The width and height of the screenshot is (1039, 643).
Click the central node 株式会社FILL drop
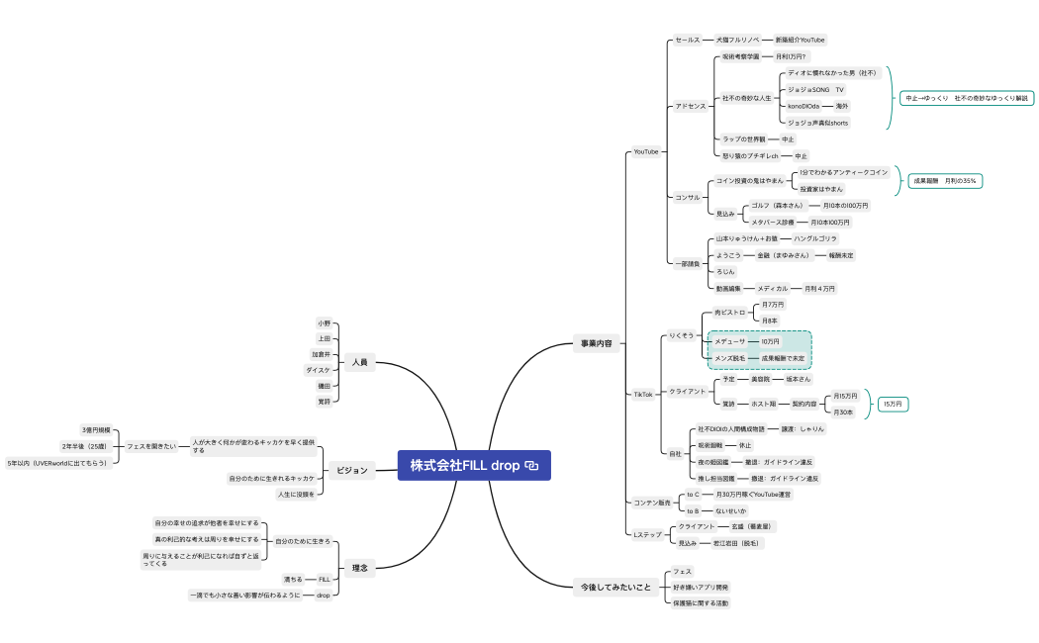coord(465,465)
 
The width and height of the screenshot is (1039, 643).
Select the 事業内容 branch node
coord(598,344)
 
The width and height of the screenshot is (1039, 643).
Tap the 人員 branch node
coord(359,363)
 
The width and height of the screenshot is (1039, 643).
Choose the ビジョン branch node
coord(351,470)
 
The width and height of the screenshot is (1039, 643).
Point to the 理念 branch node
coord(359,568)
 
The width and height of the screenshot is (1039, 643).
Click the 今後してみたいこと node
coord(615,588)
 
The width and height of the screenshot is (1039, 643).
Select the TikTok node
coord(643,394)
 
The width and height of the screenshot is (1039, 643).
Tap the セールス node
coord(688,40)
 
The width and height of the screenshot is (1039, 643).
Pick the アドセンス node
coord(691,106)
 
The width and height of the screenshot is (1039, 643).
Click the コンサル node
coord(688,197)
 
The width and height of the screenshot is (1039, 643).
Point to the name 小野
coord(325,323)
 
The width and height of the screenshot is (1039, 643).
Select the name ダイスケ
coord(319,370)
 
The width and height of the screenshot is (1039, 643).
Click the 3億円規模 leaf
coord(97,430)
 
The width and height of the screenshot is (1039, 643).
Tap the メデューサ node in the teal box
coord(730,341)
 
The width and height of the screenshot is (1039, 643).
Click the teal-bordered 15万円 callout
coord(894,404)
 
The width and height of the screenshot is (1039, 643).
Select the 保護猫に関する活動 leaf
coord(701,602)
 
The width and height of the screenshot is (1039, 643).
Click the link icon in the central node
coord(531,465)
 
